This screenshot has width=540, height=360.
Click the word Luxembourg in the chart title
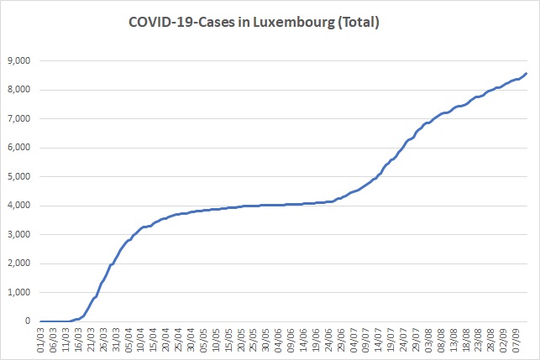[294, 23]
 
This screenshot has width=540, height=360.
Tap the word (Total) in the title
[359, 23]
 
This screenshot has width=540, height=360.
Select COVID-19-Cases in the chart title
[182, 22]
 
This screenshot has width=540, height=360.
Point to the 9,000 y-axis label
[19, 61]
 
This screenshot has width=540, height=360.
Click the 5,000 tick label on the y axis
[19, 176]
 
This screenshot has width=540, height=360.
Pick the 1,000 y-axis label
[19, 292]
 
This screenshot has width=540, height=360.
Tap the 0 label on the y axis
[28, 321]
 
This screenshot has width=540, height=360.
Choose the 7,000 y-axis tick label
[19, 118]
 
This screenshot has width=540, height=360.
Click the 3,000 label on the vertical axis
[19, 234]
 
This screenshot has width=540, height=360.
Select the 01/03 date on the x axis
[41, 340]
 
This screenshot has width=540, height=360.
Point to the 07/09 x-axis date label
[516, 340]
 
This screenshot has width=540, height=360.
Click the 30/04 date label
[191, 340]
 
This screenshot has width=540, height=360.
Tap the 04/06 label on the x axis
[279, 340]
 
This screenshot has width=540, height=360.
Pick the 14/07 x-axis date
[379, 340]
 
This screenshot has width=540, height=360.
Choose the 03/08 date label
[428, 340]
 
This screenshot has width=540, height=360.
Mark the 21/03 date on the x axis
[91, 340]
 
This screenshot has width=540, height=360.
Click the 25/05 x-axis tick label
[254, 340]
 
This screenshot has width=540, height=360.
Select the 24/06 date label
[328, 340]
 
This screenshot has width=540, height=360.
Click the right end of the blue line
[527, 73]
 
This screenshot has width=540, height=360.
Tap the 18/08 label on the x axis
[466, 340]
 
